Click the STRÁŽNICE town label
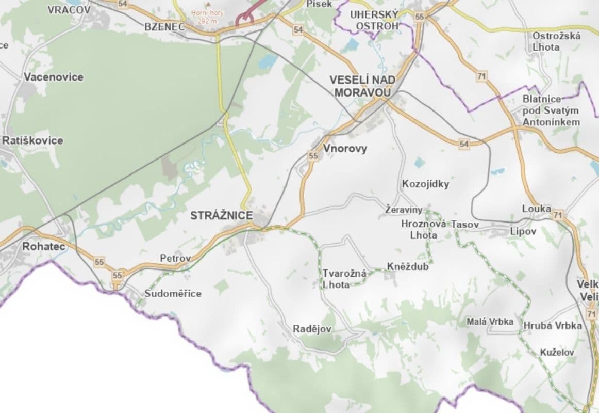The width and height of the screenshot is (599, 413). coord(221,216)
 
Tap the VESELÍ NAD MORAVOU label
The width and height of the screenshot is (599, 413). coord(363,86)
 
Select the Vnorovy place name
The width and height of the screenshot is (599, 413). coord(345,149)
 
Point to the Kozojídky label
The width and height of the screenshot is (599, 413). coord(425,184)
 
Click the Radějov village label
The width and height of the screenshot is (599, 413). coord(312,329)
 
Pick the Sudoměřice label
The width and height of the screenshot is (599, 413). coord(173,294)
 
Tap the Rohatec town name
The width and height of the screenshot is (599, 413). coord(44,247)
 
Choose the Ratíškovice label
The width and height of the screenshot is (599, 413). coord(32,140)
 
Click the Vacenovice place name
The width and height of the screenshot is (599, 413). coord(53,77)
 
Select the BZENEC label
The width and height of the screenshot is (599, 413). coord(165,26)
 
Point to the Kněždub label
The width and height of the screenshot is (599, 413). coord(407,267)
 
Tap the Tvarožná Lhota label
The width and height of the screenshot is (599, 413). coord(344,279)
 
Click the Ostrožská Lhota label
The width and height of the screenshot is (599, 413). coord(556,41)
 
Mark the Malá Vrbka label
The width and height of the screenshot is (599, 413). coord(490,322)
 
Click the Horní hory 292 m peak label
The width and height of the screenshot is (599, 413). coord(208,17)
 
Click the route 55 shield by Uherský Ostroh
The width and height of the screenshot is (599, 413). coord(419,17)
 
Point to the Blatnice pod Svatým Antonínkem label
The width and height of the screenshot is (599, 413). coord(551,110)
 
